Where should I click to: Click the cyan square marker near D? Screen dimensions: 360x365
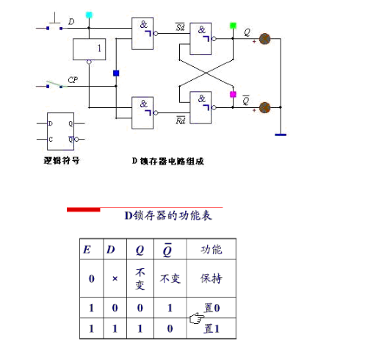click(x=90, y=15)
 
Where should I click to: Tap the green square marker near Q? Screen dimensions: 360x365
click(x=233, y=26)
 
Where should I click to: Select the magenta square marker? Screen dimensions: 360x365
click(x=233, y=95)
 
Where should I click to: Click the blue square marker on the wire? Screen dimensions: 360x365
click(x=115, y=73)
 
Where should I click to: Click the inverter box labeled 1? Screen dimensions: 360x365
click(x=89, y=50)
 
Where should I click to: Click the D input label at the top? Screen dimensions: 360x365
click(x=71, y=22)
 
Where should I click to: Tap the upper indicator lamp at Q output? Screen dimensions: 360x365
click(x=265, y=39)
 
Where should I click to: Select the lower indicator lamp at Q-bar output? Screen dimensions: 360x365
click(x=265, y=108)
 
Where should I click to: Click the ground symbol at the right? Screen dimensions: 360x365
click(x=280, y=134)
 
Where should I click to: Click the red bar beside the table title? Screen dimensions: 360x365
click(x=83, y=209)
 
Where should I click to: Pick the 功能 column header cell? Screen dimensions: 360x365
click(x=212, y=249)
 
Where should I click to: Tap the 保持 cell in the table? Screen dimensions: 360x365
click(x=212, y=279)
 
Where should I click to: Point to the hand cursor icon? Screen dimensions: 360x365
click(x=195, y=318)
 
